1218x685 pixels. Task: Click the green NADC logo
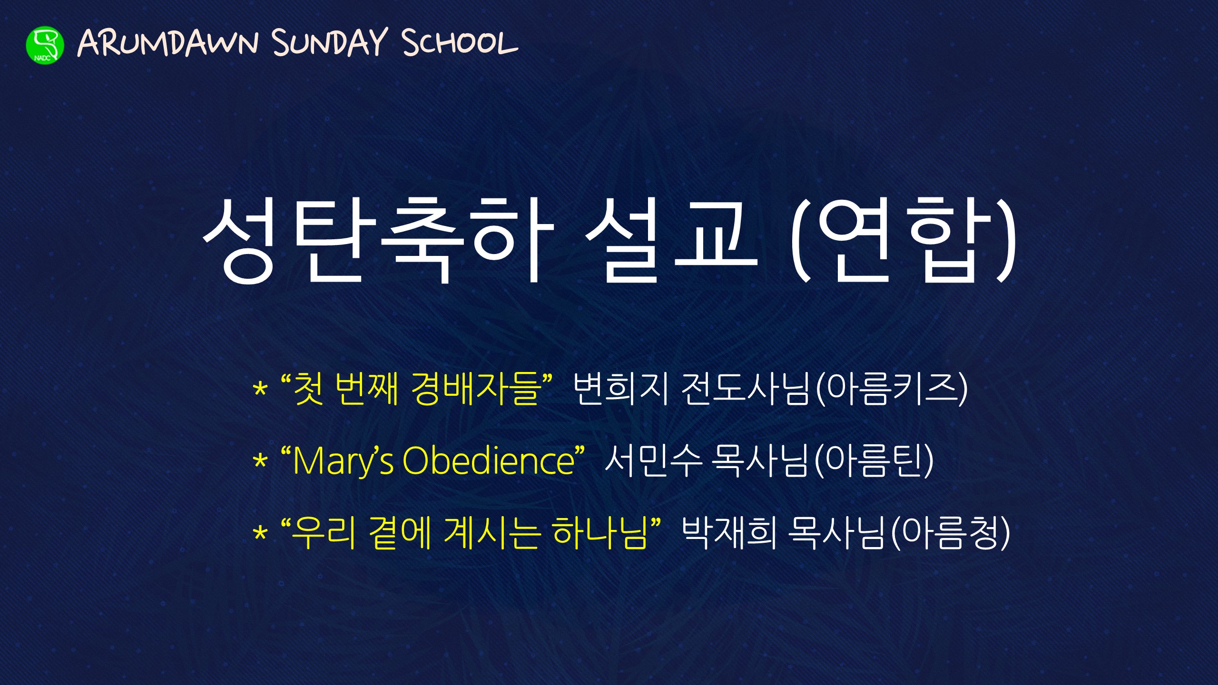click(45, 45)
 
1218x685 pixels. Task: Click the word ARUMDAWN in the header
click(167, 43)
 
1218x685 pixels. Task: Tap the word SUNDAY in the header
click(330, 42)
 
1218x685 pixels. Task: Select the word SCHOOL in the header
click(460, 42)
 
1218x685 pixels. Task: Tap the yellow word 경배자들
click(476, 389)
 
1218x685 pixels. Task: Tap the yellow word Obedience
click(489, 460)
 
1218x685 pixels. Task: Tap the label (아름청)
click(950, 533)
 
